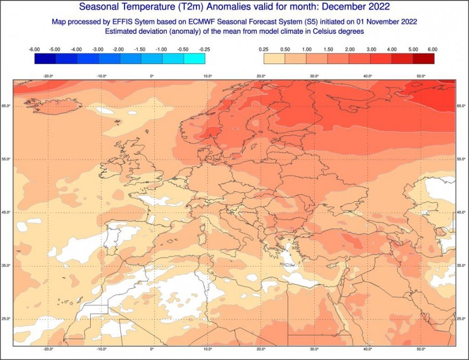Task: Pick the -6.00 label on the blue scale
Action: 34,49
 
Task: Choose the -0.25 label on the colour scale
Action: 205,49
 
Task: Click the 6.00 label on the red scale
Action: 433,49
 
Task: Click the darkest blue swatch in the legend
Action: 45,59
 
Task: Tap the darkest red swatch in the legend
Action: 423,59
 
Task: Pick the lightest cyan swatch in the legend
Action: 194,59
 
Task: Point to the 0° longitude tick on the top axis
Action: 152,76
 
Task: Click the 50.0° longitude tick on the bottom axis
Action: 422,350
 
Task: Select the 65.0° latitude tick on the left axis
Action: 7,106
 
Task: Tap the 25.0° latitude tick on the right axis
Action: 461,319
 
